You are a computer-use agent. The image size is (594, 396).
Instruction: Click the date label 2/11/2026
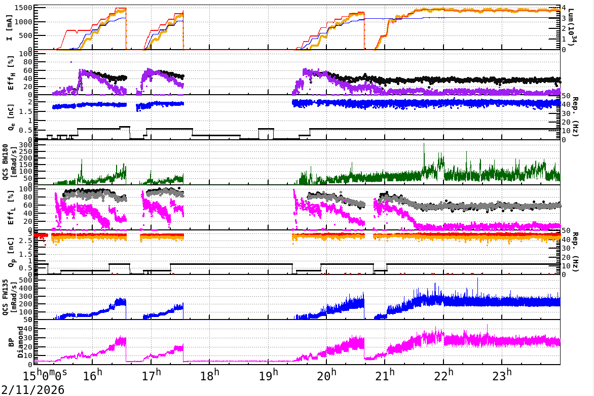point(32,389)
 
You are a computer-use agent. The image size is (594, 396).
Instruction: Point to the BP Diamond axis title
point(11,342)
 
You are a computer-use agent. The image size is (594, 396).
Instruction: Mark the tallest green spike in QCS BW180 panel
point(424,144)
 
